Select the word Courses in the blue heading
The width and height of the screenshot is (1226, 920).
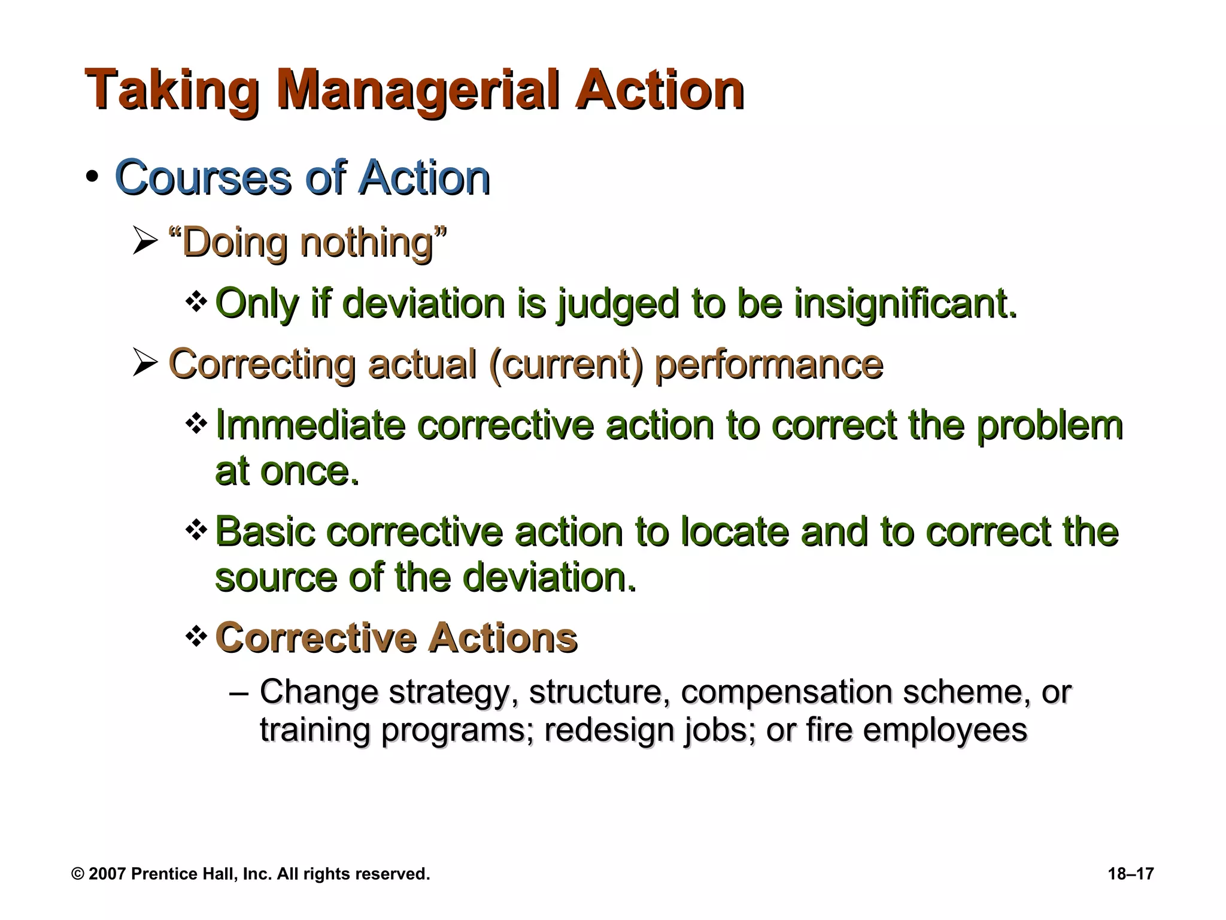click(202, 178)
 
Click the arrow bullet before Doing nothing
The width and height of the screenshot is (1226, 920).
click(144, 243)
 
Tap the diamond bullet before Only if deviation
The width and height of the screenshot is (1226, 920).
click(195, 302)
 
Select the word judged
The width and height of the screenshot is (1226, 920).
click(618, 304)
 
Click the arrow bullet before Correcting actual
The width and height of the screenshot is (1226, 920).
click(144, 363)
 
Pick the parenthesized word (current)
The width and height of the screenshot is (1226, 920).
click(566, 364)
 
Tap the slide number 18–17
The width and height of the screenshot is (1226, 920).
click(1130, 874)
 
